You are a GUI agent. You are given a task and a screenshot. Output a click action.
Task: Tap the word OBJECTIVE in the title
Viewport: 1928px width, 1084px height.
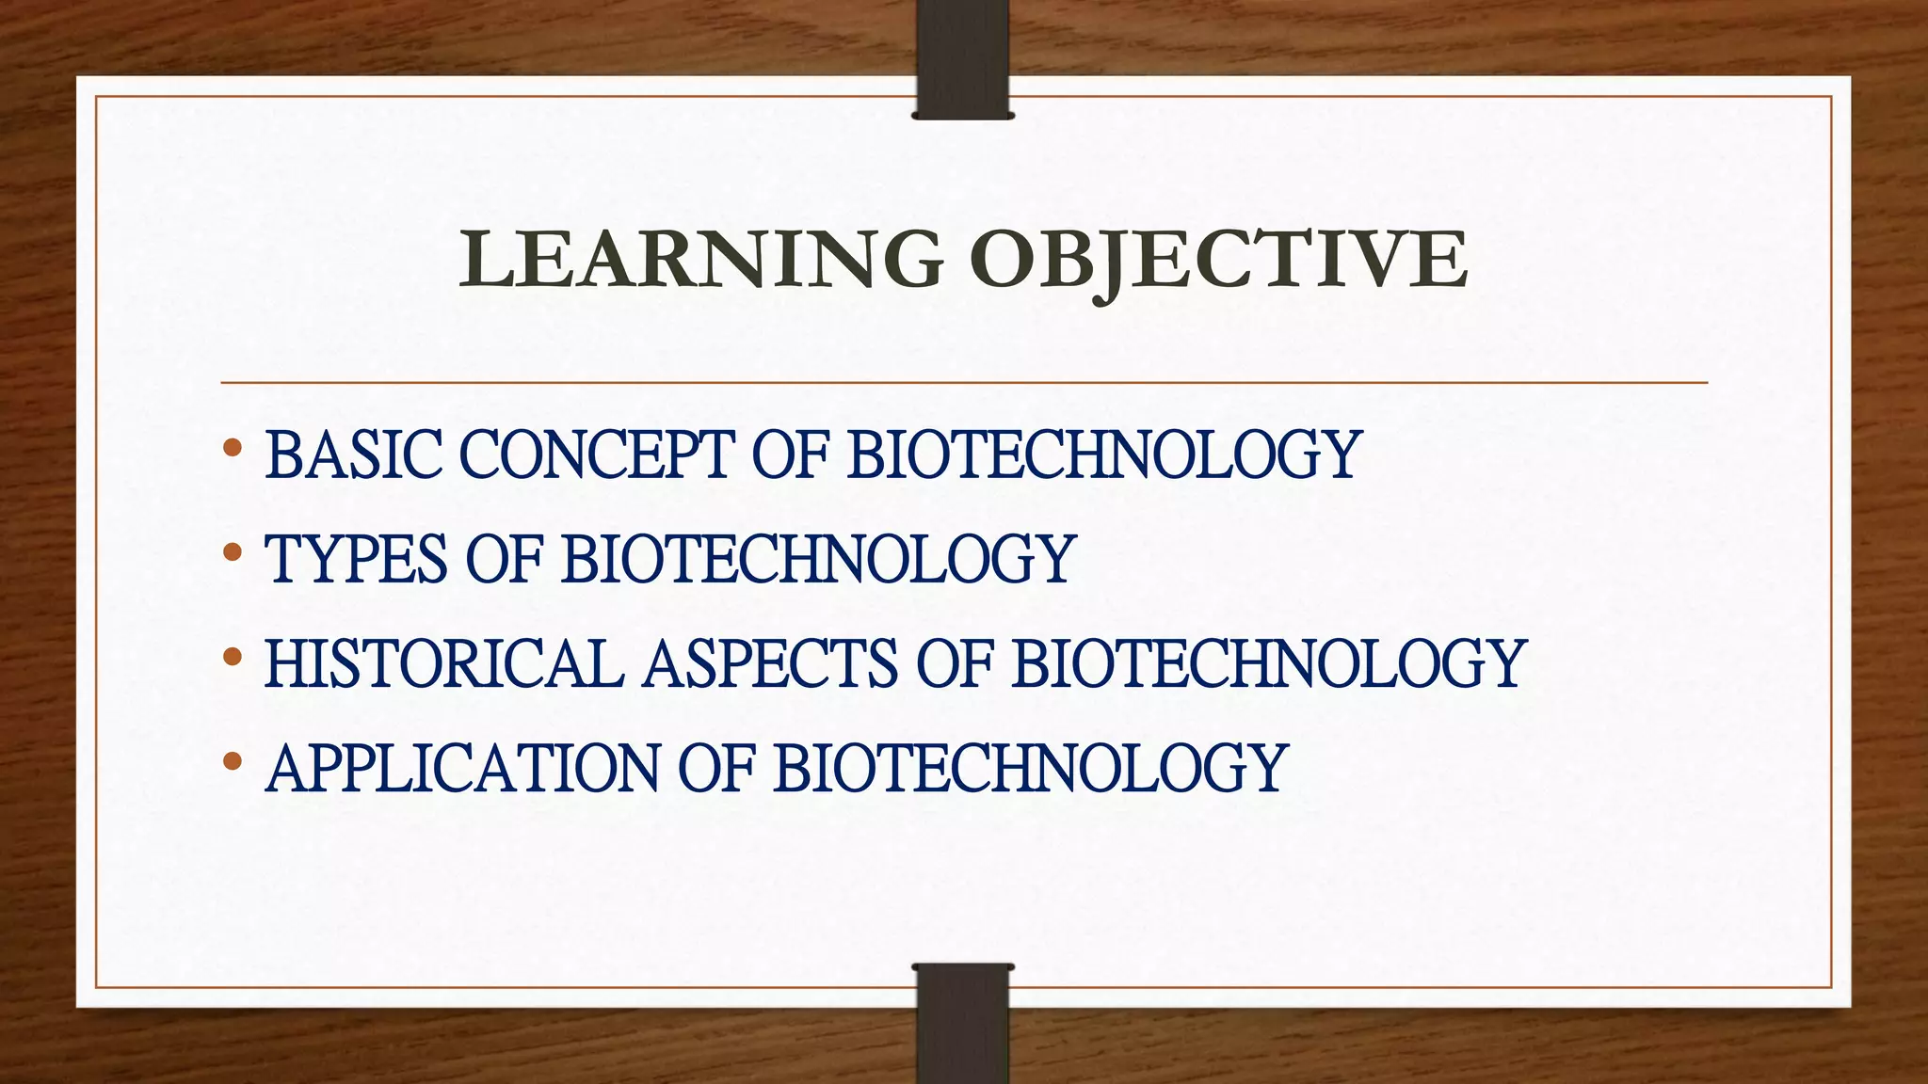pyautogui.click(x=1218, y=261)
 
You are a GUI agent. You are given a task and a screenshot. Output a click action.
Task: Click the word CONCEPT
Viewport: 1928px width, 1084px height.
pyautogui.click(x=596, y=454)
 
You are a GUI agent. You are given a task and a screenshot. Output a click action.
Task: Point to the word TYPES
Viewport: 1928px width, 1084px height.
pyautogui.click(x=356, y=559)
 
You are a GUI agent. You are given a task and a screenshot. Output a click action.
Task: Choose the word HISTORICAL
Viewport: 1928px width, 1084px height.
pyautogui.click(x=444, y=663)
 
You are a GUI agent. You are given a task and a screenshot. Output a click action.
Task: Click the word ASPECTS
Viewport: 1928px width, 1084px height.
pyautogui.click(x=771, y=663)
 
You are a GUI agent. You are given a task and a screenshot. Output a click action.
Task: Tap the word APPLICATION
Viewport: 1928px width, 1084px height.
pyautogui.click(x=462, y=768)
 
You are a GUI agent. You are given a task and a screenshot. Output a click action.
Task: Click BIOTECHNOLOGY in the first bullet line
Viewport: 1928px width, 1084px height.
pyautogui.click(x=1104, y=454)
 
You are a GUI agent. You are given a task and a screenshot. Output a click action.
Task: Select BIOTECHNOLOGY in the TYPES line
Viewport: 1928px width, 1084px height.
pyautogui.click(x=818, y=559)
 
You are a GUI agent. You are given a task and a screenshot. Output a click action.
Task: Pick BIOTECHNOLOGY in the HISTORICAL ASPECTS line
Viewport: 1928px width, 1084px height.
pyautogui.click(x=1268, y=663)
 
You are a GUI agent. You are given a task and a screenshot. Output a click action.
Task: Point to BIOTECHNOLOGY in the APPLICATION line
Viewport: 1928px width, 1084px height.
pyautogui.click(x=1030, y=768)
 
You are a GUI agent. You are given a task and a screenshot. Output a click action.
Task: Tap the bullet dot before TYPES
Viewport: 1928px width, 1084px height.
pyautogui.click(x=233, y=552)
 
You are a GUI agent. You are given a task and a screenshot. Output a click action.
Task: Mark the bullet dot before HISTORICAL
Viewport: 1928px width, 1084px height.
pyautogui.click(x=233, y=657)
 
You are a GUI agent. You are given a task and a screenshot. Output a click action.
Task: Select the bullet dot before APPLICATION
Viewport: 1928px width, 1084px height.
pyautogui.click(x=233, y=761)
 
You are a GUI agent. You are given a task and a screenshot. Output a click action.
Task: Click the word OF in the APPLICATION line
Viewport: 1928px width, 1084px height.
pyautogui.click(x=716, y=768)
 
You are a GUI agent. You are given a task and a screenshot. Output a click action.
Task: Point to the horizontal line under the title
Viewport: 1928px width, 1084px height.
pyautogui.click(x=964, y=383)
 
